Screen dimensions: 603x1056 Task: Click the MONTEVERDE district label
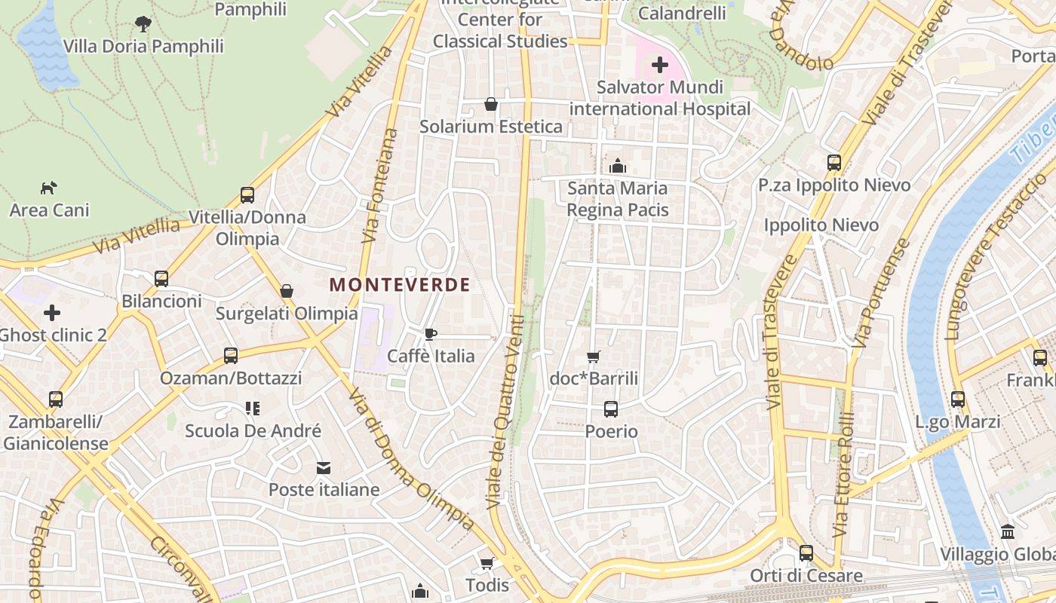coord(400,285)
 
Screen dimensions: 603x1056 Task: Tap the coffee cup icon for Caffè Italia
coord(430,334)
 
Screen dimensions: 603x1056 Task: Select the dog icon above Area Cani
coord(49,188)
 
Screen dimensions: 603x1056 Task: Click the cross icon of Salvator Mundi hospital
coord(660,65)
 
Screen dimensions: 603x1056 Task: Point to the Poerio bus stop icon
coord(611,409)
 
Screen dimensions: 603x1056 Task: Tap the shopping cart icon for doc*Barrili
coord(594,357)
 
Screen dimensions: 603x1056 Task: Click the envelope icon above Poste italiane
coord(324,468)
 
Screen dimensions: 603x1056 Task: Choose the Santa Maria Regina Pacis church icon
coord(618,166)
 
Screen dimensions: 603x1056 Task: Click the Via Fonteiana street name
coord(379,185)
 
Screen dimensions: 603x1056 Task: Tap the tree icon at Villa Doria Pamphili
coord(143,24)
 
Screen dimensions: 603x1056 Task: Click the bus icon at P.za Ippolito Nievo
coord(833,163)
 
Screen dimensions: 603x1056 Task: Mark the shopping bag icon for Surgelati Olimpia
coord(287,291)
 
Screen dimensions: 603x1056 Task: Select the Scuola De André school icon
coord(253,409)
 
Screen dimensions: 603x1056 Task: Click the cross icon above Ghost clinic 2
coord(52,312)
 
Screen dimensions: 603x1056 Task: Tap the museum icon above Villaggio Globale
coord(1008,531)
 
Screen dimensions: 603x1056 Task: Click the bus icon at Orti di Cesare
coord(806,553)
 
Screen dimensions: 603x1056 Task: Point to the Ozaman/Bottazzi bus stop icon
coord(231,355)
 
